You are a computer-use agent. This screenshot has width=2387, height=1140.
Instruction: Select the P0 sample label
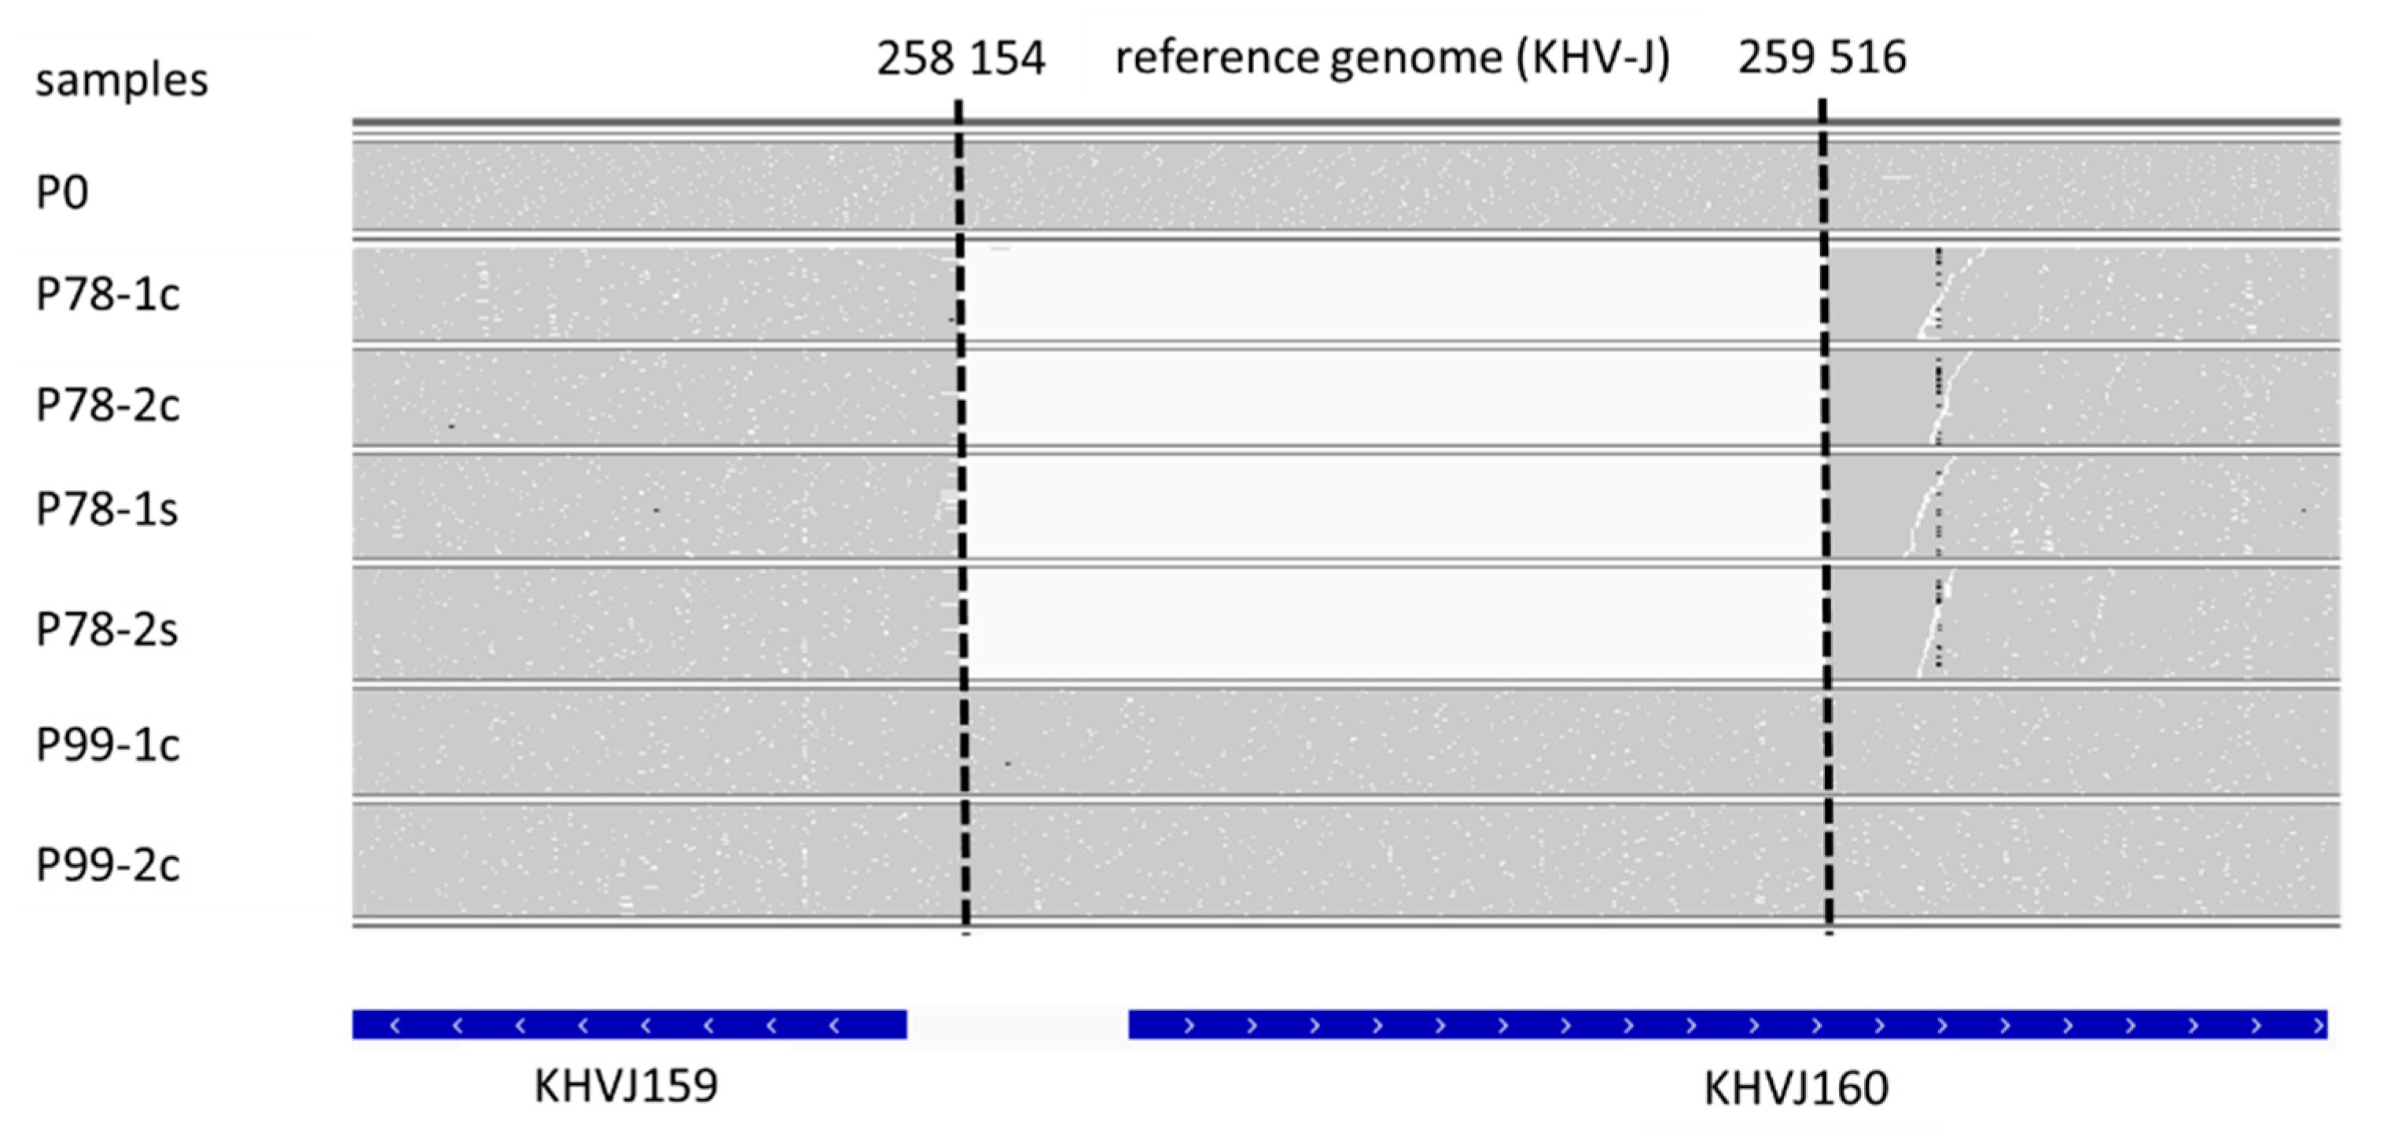click(x=62, y=193)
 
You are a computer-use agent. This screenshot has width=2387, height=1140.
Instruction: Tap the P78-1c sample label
click(x=108, y=295)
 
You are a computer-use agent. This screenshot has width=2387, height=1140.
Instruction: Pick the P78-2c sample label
click(x=108, y=405)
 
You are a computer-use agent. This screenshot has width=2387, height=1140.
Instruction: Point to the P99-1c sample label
click(x=108, y=745)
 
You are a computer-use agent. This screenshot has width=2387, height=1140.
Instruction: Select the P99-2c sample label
click(x=108, y=865)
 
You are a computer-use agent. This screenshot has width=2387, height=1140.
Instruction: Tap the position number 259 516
click(x=1822, y=57)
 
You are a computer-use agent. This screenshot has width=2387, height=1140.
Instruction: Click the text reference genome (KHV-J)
click(x=1392, y=57)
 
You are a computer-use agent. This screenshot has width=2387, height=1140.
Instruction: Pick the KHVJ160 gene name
click(x=1796, y=1088)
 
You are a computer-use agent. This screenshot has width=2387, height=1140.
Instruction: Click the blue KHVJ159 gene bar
click(x=629, y=1025)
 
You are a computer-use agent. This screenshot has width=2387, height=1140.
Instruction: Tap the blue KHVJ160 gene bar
click(x=1727, y=1025)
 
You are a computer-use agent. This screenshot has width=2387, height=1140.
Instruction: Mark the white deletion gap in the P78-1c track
click(x=1390, y=295)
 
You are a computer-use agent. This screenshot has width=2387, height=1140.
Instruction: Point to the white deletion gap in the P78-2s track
click(x=1390, y=623)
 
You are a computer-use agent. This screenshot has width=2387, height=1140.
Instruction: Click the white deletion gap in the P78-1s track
click(x=1390, y=506)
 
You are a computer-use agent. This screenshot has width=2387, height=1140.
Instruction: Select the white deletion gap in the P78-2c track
click(x=1390, y=399)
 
